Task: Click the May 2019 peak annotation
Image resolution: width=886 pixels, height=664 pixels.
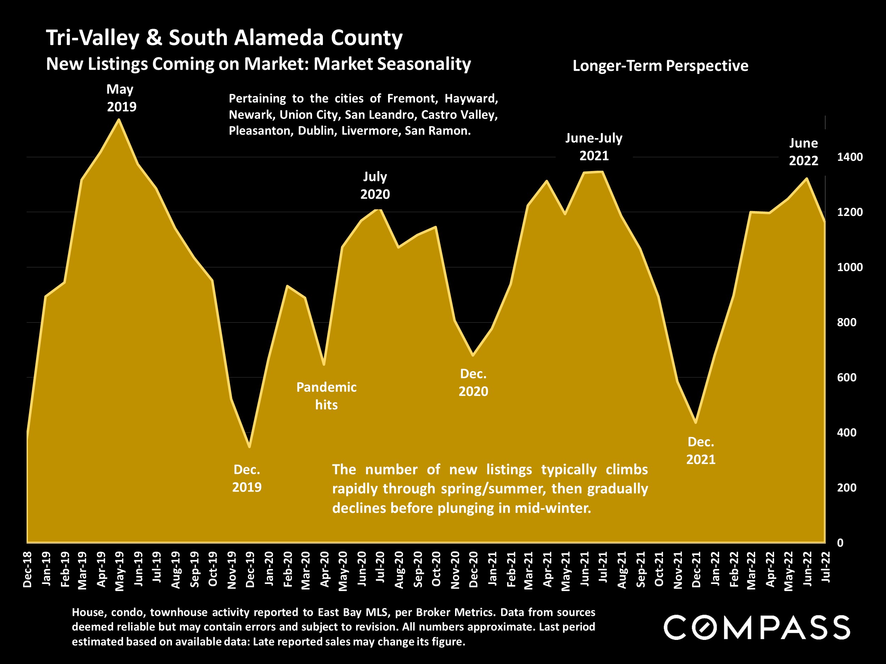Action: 120,98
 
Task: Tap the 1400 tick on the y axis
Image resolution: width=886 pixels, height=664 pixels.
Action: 849,157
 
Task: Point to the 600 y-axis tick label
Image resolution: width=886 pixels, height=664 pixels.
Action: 846,378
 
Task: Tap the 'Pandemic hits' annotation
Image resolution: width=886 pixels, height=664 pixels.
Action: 326,396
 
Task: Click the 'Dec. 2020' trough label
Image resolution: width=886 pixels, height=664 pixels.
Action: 473,382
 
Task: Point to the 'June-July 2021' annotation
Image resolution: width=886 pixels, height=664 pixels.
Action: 594,147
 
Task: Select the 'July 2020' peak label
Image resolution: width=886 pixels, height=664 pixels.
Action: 375,185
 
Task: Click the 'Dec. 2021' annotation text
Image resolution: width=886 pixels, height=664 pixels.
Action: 701,451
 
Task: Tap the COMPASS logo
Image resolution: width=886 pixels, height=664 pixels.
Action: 757,627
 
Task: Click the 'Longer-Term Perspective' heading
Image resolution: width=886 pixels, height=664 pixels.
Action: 660,66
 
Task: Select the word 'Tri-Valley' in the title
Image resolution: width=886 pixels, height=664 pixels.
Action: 92,38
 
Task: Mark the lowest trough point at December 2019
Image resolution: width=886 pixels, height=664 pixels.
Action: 249,447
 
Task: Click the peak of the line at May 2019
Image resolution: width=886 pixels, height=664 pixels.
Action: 119,119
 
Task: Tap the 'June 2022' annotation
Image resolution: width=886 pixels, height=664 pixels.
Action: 803,152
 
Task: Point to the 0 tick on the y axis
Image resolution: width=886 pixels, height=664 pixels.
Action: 840,543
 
